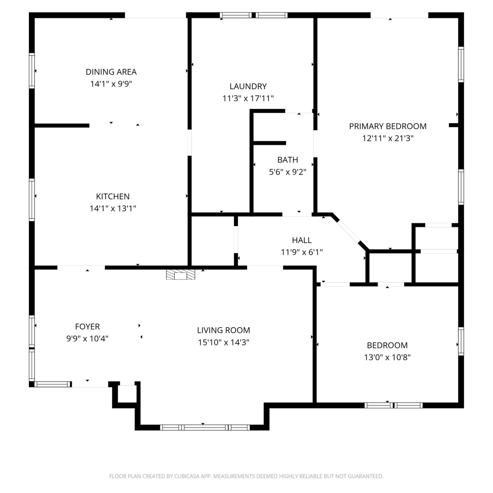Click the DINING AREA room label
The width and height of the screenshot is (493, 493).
click(111, 72)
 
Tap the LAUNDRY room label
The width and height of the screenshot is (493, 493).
click(248, 86)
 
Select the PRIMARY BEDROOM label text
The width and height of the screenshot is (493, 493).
click(388, 126)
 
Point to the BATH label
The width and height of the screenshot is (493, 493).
click(288, 160)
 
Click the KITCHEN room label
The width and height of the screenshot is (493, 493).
click(113, 197)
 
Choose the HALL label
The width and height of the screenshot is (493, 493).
click(302, 240)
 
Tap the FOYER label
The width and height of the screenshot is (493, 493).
click(87, 327)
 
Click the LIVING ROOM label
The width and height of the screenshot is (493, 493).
click(223, 330)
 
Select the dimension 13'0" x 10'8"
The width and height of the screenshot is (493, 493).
click(387, 357)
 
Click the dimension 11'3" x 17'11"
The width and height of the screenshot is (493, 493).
click(248, 98)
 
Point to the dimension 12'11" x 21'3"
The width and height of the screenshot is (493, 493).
click(388, 138)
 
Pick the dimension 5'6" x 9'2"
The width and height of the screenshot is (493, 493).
click(288, 172)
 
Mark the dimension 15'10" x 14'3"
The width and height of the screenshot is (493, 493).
click(223, 342)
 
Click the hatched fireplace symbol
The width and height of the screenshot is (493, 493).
click(180, 275)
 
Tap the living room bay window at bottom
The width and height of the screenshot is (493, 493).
click(205, 428)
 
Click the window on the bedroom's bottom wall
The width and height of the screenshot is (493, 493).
click(393, 405)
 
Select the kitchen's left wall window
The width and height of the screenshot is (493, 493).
click(32, 200)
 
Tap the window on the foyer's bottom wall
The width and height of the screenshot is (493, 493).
click(53, 384)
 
